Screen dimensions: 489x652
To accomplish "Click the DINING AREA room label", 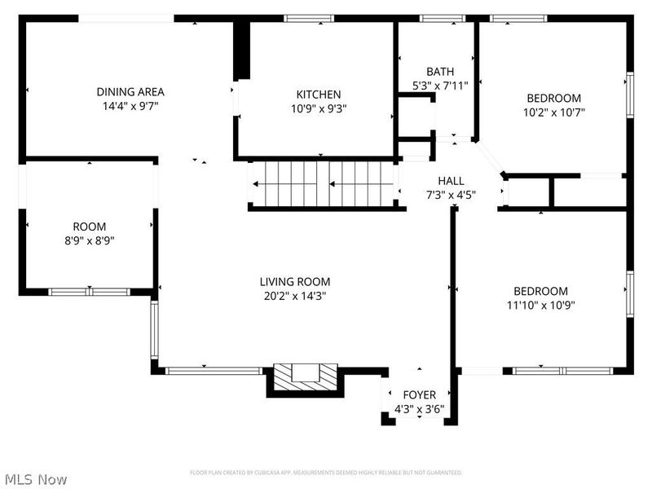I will pyautogui.click(x=130, y=92).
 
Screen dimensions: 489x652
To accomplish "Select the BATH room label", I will pyautogui.click(x=440, y=72).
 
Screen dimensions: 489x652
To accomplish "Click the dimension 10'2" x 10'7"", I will pyautogui.click(x=554, y=112).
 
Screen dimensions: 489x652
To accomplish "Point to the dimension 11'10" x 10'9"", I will pyautogui.click(x=540, y=306).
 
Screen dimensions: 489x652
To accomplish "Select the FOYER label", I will pyautogui.click(x=419, y=395).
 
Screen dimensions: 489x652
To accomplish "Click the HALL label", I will pyautogui.click(x=451, y=181).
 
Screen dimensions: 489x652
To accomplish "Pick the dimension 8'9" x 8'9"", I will pyautogui.click(x=90, y=240).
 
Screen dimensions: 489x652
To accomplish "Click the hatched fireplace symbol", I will pyautogui.click(x=304, y=374).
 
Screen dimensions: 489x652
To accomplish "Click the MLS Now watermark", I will pyautogui.click(x=34, y=480).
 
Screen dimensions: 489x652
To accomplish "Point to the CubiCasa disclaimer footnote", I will pyautogui.click(x=326, y=473).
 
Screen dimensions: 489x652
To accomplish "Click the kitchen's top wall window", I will pyautogui.click(x=309, y=18).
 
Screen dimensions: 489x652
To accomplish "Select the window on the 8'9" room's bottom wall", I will pyautogui.click(x=88, y=291).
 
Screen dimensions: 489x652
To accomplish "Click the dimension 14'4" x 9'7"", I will pyautogui.click(x=130, y=106).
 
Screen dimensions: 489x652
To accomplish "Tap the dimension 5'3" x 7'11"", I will pyautogui.click(x=440, y=86).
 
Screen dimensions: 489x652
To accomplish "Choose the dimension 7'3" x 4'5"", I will pyautogui.click(x=451, y=195).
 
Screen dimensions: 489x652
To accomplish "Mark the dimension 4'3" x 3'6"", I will pyautogui.click(x=419, y=409).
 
